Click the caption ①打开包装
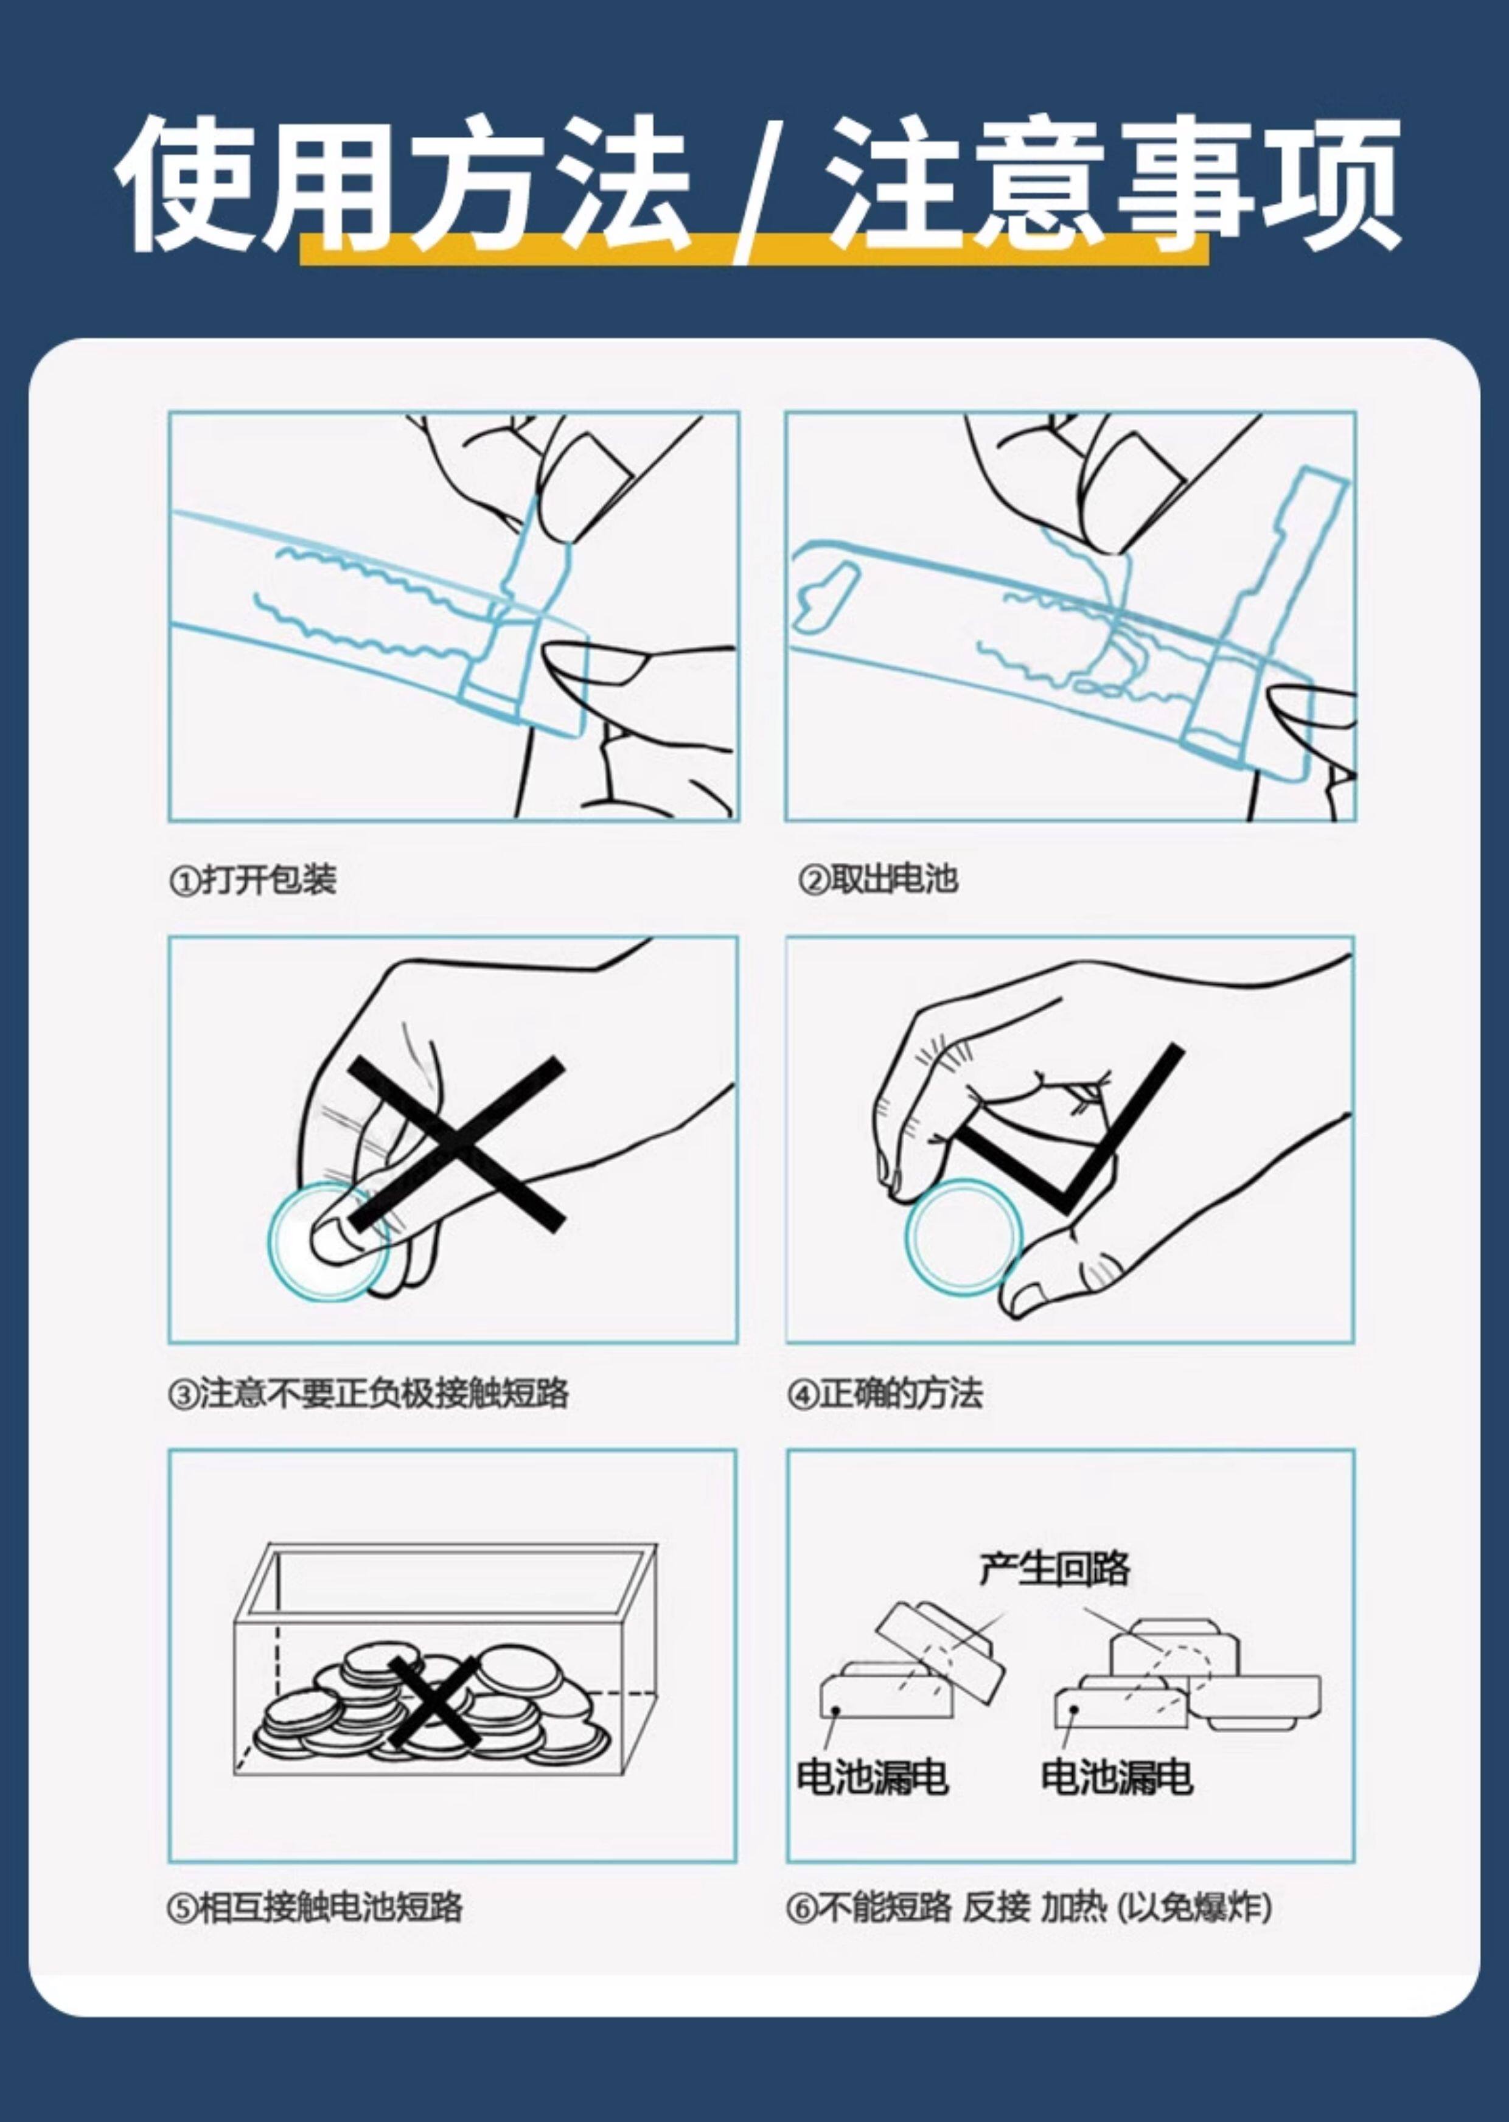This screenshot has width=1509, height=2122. (x=253, y=879)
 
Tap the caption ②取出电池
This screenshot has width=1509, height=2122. (x=878, y=879)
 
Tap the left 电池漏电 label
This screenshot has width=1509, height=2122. (x=873, y=1776)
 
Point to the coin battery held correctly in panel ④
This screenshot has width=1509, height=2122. (x=964, y=1237)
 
